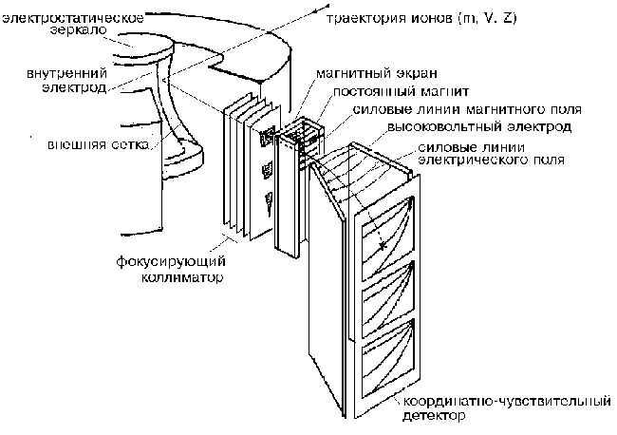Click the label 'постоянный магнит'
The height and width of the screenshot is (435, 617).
click(386, 93)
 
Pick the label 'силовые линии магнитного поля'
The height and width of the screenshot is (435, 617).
click(436, 109)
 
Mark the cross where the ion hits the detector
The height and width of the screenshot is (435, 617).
click(381, 246)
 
